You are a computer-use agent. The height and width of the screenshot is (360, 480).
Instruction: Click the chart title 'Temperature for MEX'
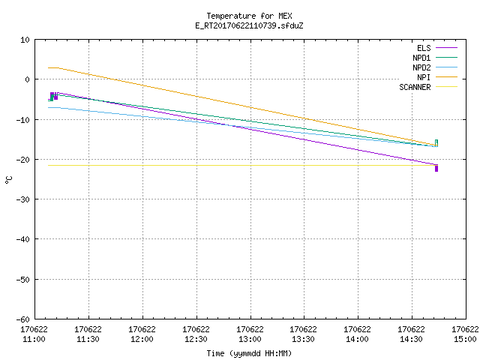pyautogui.click(x=249, y=16)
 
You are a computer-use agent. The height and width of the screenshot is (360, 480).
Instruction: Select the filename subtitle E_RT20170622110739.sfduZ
pyautogui.click(x=249, y=25)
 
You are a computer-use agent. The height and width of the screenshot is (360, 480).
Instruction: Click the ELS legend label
pyautogui.click(x=424, y=48)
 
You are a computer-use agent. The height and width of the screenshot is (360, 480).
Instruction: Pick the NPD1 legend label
pyautogui.click(x=421, y=58)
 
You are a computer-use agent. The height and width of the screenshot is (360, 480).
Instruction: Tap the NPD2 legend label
pyautogui.click(x=421, y=67)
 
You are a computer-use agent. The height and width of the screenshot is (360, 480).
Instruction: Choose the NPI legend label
pyautogui.click(x=424, y=77)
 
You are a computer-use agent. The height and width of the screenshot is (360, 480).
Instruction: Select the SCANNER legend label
pyautogui.click(x=415, y=87)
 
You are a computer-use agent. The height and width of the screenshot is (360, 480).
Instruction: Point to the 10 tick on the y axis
pyautogui.click(x=25, y=40)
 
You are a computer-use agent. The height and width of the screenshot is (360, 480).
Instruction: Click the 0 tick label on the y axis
pyautogui.click(x=28, y=79)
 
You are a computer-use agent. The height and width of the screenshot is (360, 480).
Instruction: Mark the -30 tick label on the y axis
pyautogui.click(x=23, y=199)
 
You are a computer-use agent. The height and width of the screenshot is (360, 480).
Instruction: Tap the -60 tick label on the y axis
pyautogui.click(x=23, y=319)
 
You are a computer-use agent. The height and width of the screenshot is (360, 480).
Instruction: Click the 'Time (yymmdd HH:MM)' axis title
pyautogui.click(x=249, y=353)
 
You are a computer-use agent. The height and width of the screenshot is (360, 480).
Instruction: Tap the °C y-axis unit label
pyautogui.click(x=8, y=180)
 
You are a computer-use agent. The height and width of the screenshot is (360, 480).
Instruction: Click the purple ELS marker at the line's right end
pyautogui.click(x=436, y=169)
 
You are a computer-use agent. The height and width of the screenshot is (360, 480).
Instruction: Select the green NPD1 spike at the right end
pyautogui.click(x=436, y=143)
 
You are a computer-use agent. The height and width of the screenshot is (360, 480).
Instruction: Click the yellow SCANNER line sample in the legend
pyautogui.click(x=447, y=87)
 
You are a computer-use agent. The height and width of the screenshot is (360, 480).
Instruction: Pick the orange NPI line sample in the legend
pyautogui.click(x=447, y=77)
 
